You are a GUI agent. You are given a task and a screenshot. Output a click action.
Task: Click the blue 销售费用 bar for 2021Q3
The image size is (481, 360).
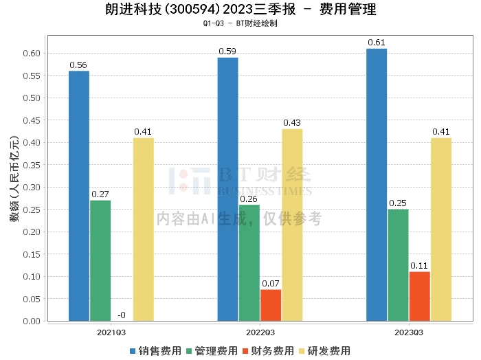[79, 196]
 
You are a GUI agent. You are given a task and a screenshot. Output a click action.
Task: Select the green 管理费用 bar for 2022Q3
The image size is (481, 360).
[249, 262]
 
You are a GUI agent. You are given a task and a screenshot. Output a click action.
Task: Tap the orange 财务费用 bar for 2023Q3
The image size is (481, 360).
[419, 296]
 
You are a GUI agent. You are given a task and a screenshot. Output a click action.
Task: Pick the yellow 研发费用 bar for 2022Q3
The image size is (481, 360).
[292, 225]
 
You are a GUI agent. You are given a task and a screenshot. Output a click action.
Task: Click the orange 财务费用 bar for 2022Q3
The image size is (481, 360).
[271, 305]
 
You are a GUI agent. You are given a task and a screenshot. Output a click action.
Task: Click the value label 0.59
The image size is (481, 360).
[227, 52]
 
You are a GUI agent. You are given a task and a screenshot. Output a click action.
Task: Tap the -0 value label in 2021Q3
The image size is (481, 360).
[121, 315]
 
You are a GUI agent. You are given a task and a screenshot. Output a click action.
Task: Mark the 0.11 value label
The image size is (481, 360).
[419, 266]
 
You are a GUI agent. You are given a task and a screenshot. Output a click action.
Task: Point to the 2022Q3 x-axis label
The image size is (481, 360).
[260, 332]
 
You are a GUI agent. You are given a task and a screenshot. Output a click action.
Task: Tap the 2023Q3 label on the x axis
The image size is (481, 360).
[409, 332]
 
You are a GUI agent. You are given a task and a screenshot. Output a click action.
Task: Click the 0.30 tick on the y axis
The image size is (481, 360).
[31, 188]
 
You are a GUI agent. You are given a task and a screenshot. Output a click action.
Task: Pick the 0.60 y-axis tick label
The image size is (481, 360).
[31, 54]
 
